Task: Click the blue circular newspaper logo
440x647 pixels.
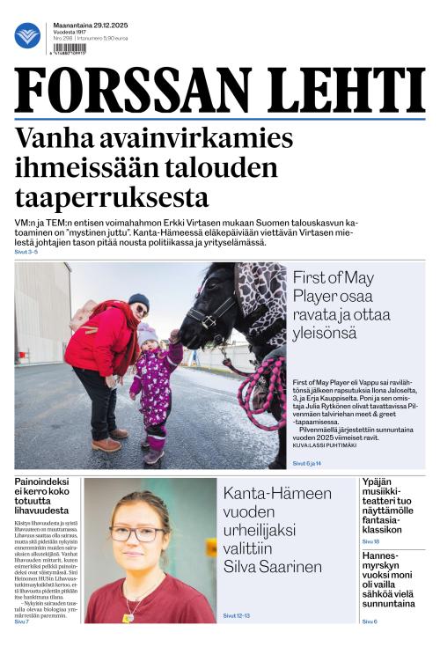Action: (27, 35)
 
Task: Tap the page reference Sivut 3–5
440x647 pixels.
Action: (26, 253)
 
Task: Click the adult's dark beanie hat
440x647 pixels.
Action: (138, 301)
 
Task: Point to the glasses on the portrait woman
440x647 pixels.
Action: (137, 533)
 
